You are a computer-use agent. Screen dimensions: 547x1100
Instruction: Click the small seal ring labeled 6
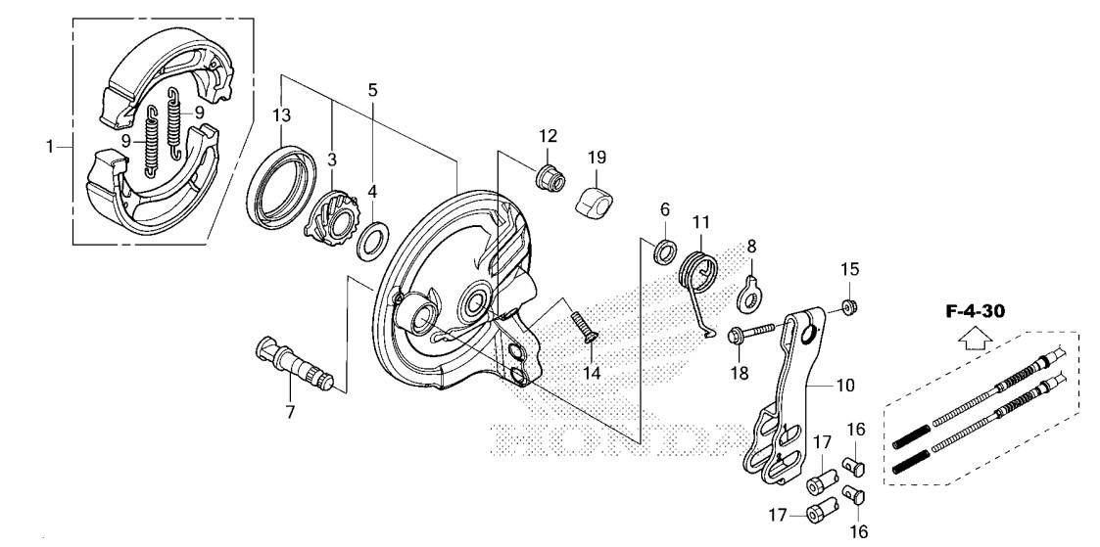pyautogui.click(x=663, y=251)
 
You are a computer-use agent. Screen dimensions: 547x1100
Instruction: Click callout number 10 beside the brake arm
pyautogui.click(x=845, y=387)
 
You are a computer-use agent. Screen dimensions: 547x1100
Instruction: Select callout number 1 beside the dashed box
pyautogui.click(x=50, y=148)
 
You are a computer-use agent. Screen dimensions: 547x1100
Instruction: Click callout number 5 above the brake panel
pyautogui.click(x=372, y=90)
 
